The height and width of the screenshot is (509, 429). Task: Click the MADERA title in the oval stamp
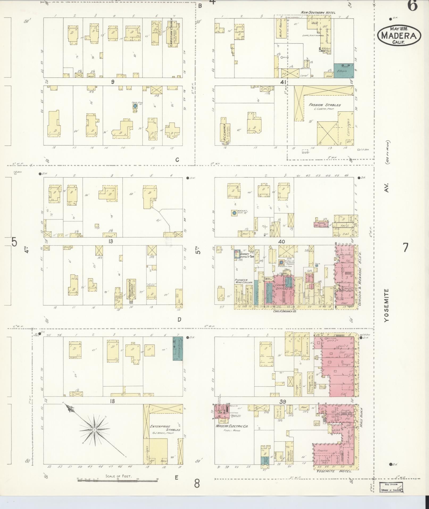point(399,36)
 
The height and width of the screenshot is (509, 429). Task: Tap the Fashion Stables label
point(324,105)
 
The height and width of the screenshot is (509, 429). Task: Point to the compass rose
point(94,430)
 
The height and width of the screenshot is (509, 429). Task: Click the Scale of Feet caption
point(118,476)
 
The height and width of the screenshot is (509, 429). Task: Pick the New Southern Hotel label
point(318,13)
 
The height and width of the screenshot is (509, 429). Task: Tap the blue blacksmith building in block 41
point(344,71)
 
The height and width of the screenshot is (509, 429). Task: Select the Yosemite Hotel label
point(334,471)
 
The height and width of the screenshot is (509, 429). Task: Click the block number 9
point(113,82)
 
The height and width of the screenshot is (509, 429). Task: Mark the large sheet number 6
point(412,6)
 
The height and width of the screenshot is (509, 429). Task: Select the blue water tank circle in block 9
point(135,106)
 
